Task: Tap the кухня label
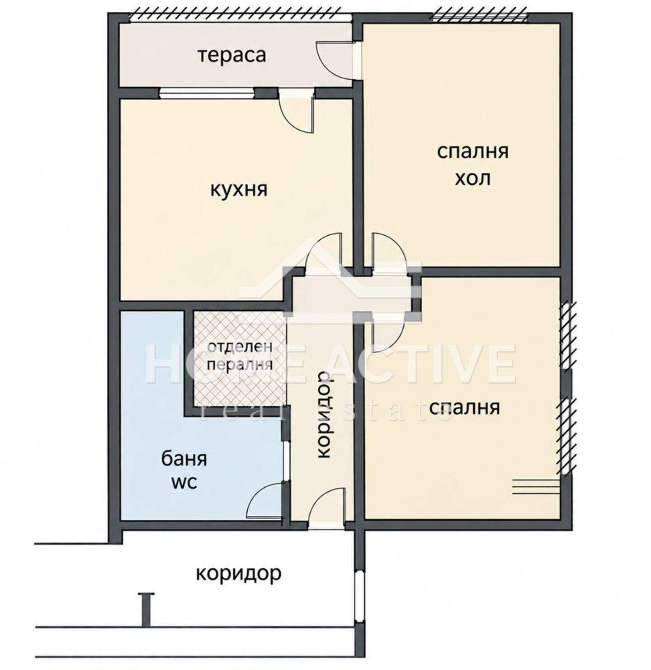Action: (x=239, y=190)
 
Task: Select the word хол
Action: (x=473, y=179)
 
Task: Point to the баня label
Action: (x=184, y=459)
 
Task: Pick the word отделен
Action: (x=240, y=347)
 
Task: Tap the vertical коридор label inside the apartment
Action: (x=324, y=414)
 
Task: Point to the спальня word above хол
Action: (x=473, y=152)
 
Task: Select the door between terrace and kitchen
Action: (x=297, y=112)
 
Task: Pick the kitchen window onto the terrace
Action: (x=207, y=93)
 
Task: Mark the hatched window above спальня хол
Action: (x=480, y=17)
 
